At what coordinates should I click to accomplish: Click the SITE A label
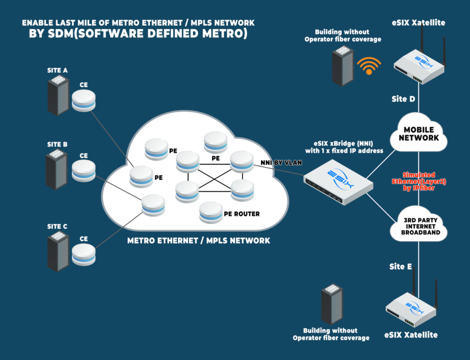tap(57, 71)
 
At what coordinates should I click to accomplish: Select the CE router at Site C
tap(84, 254)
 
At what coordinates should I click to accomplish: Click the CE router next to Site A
tap(84, 101)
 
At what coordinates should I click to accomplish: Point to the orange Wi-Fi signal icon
tap(369, 66)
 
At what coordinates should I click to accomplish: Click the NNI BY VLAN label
tap(281, 163)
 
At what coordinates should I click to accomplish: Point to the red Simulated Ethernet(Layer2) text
tap(419, 181)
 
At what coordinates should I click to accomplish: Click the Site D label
tap(403, 99)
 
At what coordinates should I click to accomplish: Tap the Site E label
tap(400, 266)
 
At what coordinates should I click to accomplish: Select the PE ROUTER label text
tap(241, 214)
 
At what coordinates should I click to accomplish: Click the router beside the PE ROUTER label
tap(211, 213)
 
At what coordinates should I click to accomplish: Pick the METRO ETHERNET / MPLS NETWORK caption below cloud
tap(198, 241)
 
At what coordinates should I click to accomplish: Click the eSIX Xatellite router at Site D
tap(419, 64)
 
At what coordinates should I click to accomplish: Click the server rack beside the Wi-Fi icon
tap(343, 66)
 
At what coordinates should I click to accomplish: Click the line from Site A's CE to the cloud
tap(112, 138)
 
